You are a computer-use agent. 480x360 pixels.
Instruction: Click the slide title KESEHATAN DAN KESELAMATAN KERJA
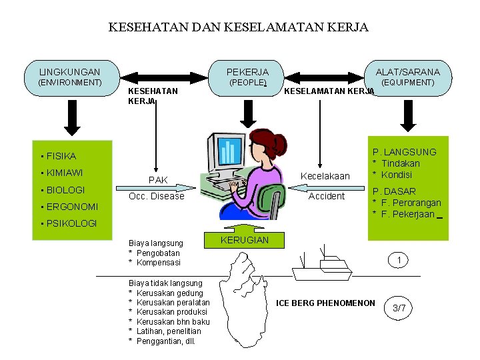[238, 27]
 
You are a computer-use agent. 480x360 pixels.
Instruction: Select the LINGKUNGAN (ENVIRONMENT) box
[70, 77]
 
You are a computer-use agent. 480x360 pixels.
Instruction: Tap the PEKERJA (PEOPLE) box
[247, 77]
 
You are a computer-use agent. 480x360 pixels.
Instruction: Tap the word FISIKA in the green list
[61, 156]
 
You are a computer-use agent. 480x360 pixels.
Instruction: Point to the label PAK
[158, 180]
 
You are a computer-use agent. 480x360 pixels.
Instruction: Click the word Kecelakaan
[325, 177]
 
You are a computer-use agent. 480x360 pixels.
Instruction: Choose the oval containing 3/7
[399, 308]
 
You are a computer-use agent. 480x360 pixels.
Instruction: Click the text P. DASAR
[394, 191]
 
